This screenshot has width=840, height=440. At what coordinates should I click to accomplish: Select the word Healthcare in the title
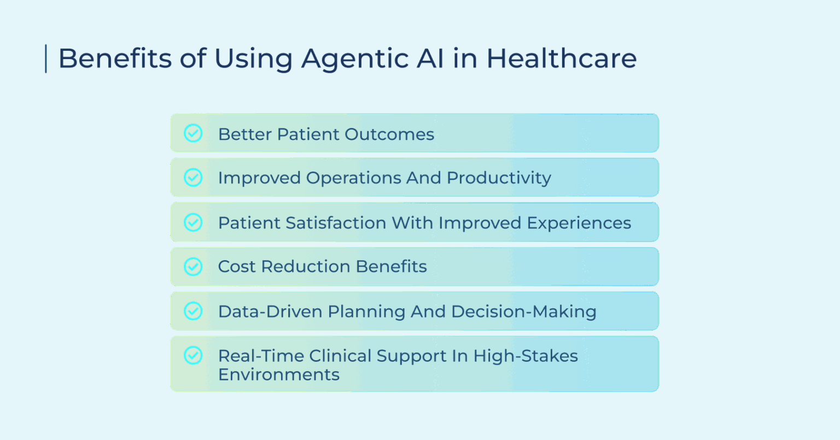[562, 58]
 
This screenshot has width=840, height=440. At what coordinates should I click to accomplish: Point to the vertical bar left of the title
[46, 58]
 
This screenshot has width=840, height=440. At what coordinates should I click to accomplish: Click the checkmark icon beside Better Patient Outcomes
[193, 133]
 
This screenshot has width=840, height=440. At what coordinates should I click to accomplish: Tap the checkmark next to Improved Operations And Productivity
[193, 178]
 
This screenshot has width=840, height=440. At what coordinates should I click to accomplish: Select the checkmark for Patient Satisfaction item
[193, 222]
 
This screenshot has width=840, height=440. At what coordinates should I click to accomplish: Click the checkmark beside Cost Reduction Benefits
[193, 266]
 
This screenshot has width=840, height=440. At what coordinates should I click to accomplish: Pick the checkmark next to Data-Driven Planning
[193, 311]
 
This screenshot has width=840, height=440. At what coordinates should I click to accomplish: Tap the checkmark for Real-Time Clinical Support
[193, 355]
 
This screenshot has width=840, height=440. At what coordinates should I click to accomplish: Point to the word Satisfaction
[340, 223]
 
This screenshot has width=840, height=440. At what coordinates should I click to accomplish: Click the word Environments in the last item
[279, 375]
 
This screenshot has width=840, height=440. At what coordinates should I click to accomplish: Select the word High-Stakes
[526, 356]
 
